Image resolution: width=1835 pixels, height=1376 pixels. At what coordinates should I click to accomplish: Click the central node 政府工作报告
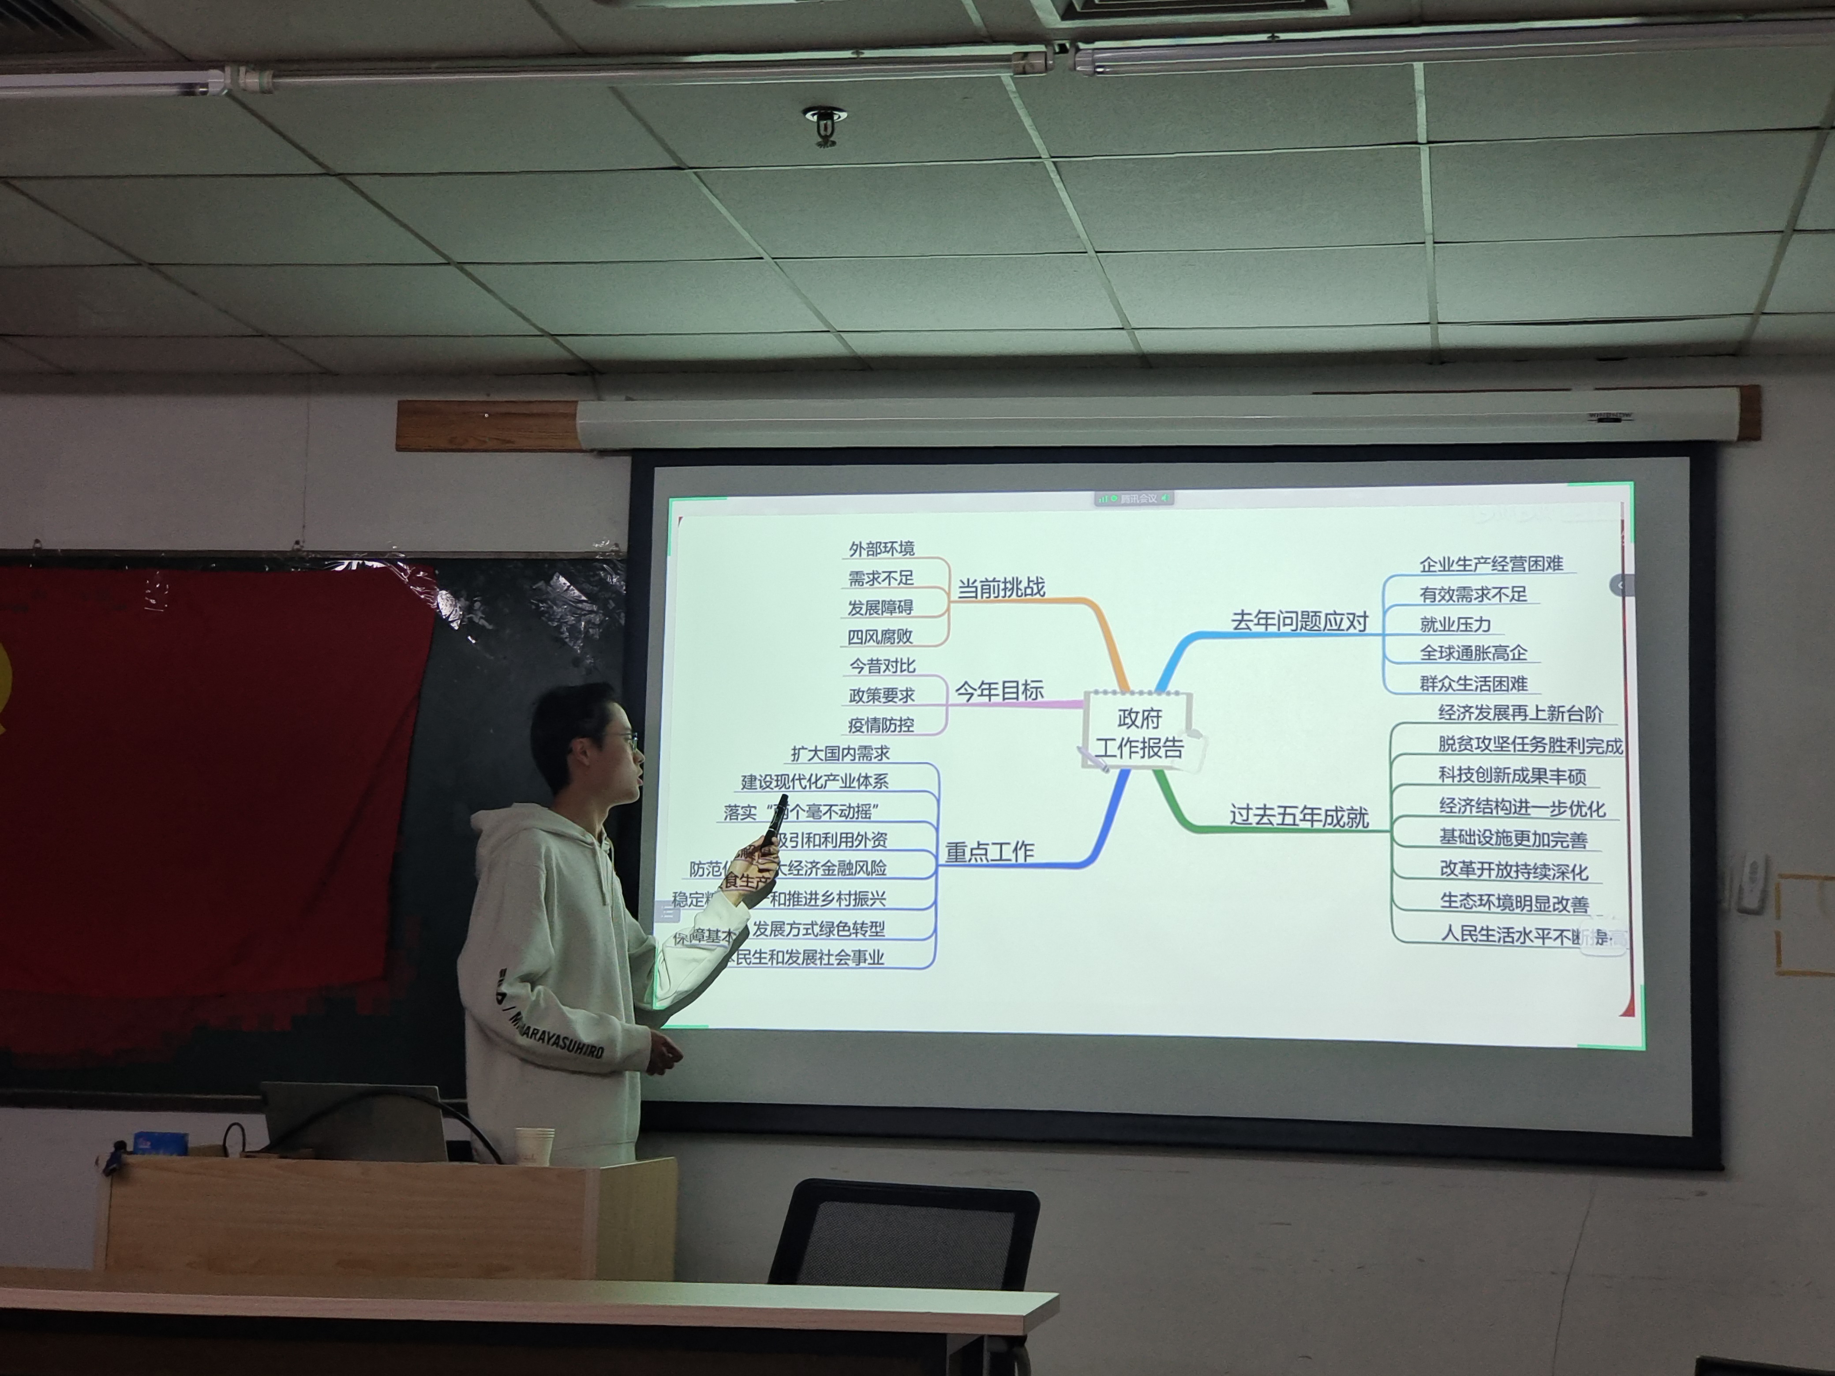[x=1139, y=733]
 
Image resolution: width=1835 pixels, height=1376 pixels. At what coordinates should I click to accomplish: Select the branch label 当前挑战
[x=1001, y=588]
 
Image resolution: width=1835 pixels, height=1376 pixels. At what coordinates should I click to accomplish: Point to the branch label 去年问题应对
[x=1299, y=621]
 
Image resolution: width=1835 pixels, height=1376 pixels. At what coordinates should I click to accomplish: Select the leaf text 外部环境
[x=881, y=549]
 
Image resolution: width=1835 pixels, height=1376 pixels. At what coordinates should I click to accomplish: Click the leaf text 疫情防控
[x=881, y=725]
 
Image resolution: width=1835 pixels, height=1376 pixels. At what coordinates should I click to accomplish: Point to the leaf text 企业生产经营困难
[x=1491, y=565]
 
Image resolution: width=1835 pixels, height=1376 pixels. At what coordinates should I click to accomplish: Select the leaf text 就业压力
[x=1455, y=624]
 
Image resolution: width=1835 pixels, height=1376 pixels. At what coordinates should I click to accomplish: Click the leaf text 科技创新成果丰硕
[x=1512, y=775]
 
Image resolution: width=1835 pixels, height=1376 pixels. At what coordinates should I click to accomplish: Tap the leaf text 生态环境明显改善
[x=1514, y=903]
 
